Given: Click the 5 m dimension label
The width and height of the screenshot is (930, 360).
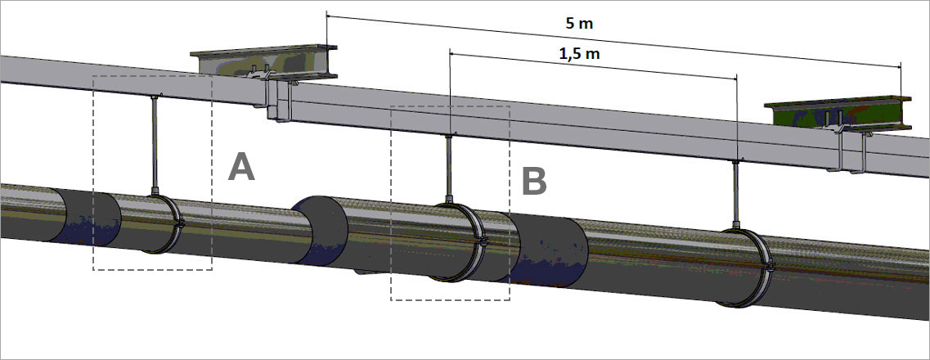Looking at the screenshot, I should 579,24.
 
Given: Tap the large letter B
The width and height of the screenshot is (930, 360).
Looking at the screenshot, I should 534,181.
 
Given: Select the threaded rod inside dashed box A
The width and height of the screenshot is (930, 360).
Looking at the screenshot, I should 155,143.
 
